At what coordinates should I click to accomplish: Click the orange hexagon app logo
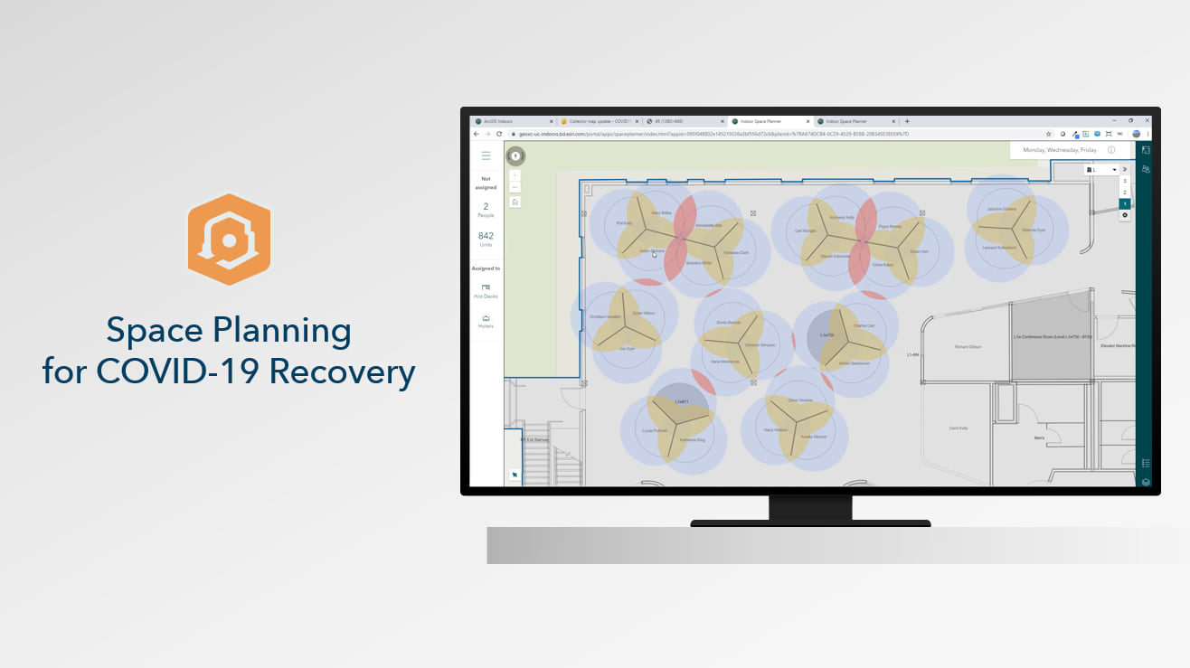click(x=229, y=240)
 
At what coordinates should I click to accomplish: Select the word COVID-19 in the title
click(x=176, y=371)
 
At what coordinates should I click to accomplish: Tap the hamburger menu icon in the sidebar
click(x=486, y=155)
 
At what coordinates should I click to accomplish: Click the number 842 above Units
click(x=486, y=236)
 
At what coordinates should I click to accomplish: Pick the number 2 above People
click(x=486, y=207)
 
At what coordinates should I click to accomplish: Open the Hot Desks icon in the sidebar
click(x=486, y=287)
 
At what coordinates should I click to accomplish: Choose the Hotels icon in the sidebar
click(x=486, y=318)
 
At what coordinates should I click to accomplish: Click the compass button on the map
click(x=515, y=156)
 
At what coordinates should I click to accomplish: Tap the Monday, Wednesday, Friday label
click(x=1060, y=150)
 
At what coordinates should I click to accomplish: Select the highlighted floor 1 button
click(x=1125, y=204)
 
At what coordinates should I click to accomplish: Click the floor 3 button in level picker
click(x=1125, y=181)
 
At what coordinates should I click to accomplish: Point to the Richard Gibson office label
click(x=968, y=347)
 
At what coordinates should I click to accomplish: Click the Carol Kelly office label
click(x=959, y=428)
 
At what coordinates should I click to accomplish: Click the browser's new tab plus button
click(x=907, y=121)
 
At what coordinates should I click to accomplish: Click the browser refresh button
click(x=499, y=134)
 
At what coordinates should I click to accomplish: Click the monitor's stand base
click(x=810, y=522)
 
